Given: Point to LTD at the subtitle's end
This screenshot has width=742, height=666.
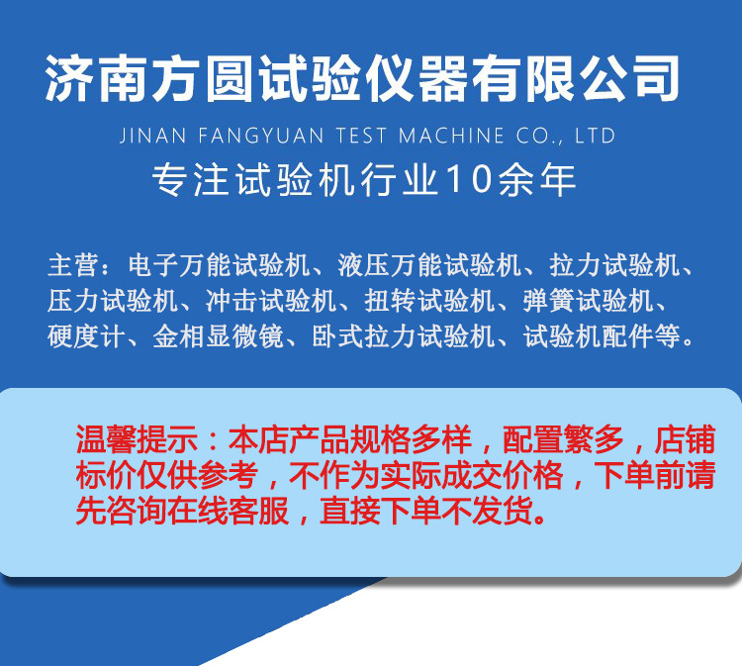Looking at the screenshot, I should (596, 136).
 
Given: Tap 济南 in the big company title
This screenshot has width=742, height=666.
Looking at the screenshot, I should (91, 78).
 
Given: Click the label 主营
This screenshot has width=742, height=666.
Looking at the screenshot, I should (72, 265).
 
